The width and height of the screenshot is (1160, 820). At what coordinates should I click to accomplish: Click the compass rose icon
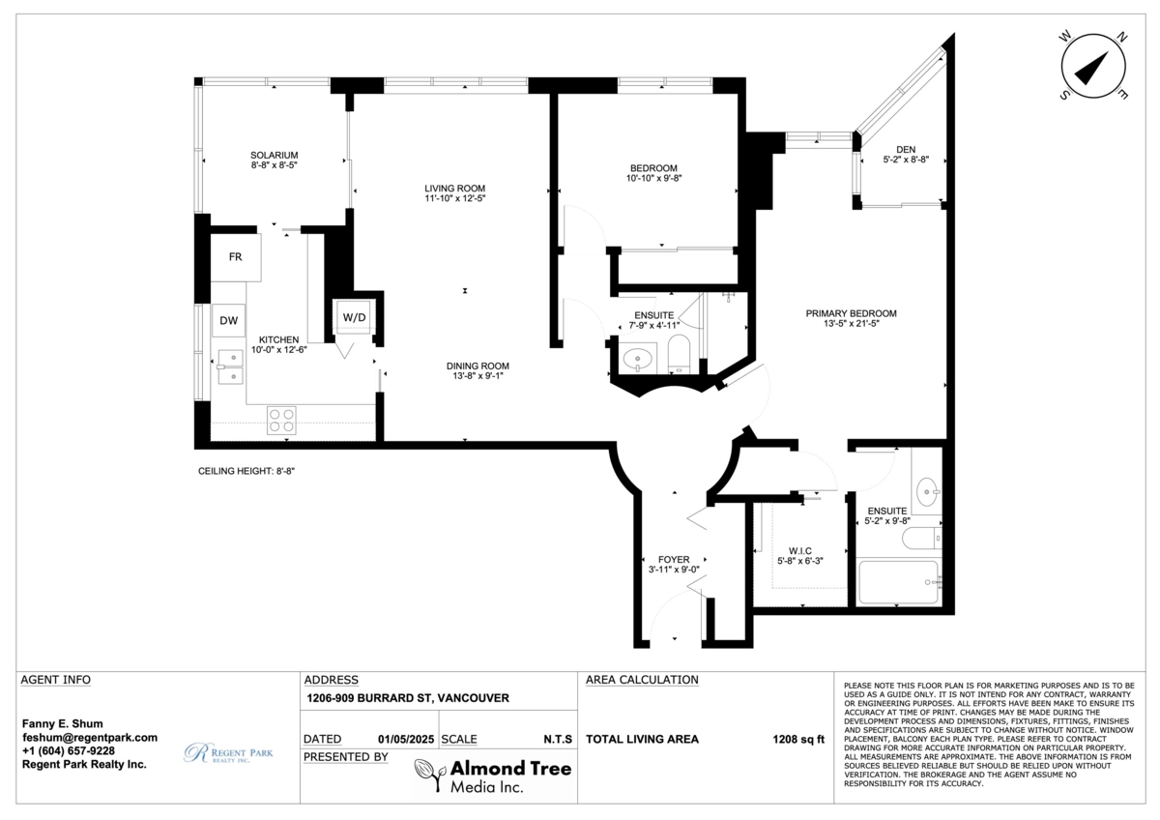click(1093, 66)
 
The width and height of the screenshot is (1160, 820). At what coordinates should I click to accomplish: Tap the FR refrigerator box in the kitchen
click(235, 257)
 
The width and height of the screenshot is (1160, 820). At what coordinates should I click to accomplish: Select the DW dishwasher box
click(228, 321)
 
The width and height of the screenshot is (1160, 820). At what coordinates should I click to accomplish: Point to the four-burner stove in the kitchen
click(281, 420)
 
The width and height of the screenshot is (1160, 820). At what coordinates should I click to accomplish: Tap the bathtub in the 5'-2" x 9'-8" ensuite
click(898, 582)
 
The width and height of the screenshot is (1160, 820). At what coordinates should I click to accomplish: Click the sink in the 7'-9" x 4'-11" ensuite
click(638, 361)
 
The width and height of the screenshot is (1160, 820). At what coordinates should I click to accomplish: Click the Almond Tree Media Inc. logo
click(493, 775)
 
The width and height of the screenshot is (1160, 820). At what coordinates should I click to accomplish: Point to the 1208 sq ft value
click(798, 740)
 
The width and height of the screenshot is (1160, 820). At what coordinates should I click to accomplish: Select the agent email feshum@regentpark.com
click(89, 737)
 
